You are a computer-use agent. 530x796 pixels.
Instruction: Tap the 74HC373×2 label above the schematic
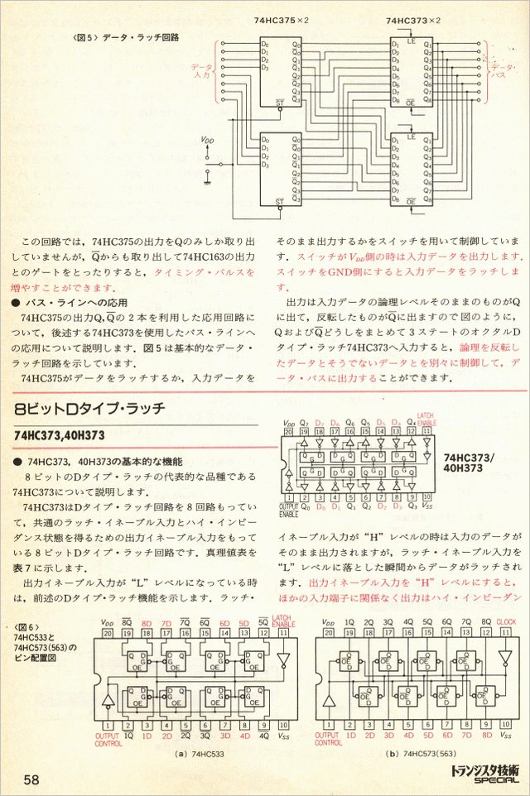point(412,19)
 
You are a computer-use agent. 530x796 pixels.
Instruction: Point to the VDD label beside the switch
point(207,141)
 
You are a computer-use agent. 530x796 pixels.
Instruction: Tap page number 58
point(32,779)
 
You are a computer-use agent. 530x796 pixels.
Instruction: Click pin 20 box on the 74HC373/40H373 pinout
point(288,431)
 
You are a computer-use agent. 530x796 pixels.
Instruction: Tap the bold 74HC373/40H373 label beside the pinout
point(470,462)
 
